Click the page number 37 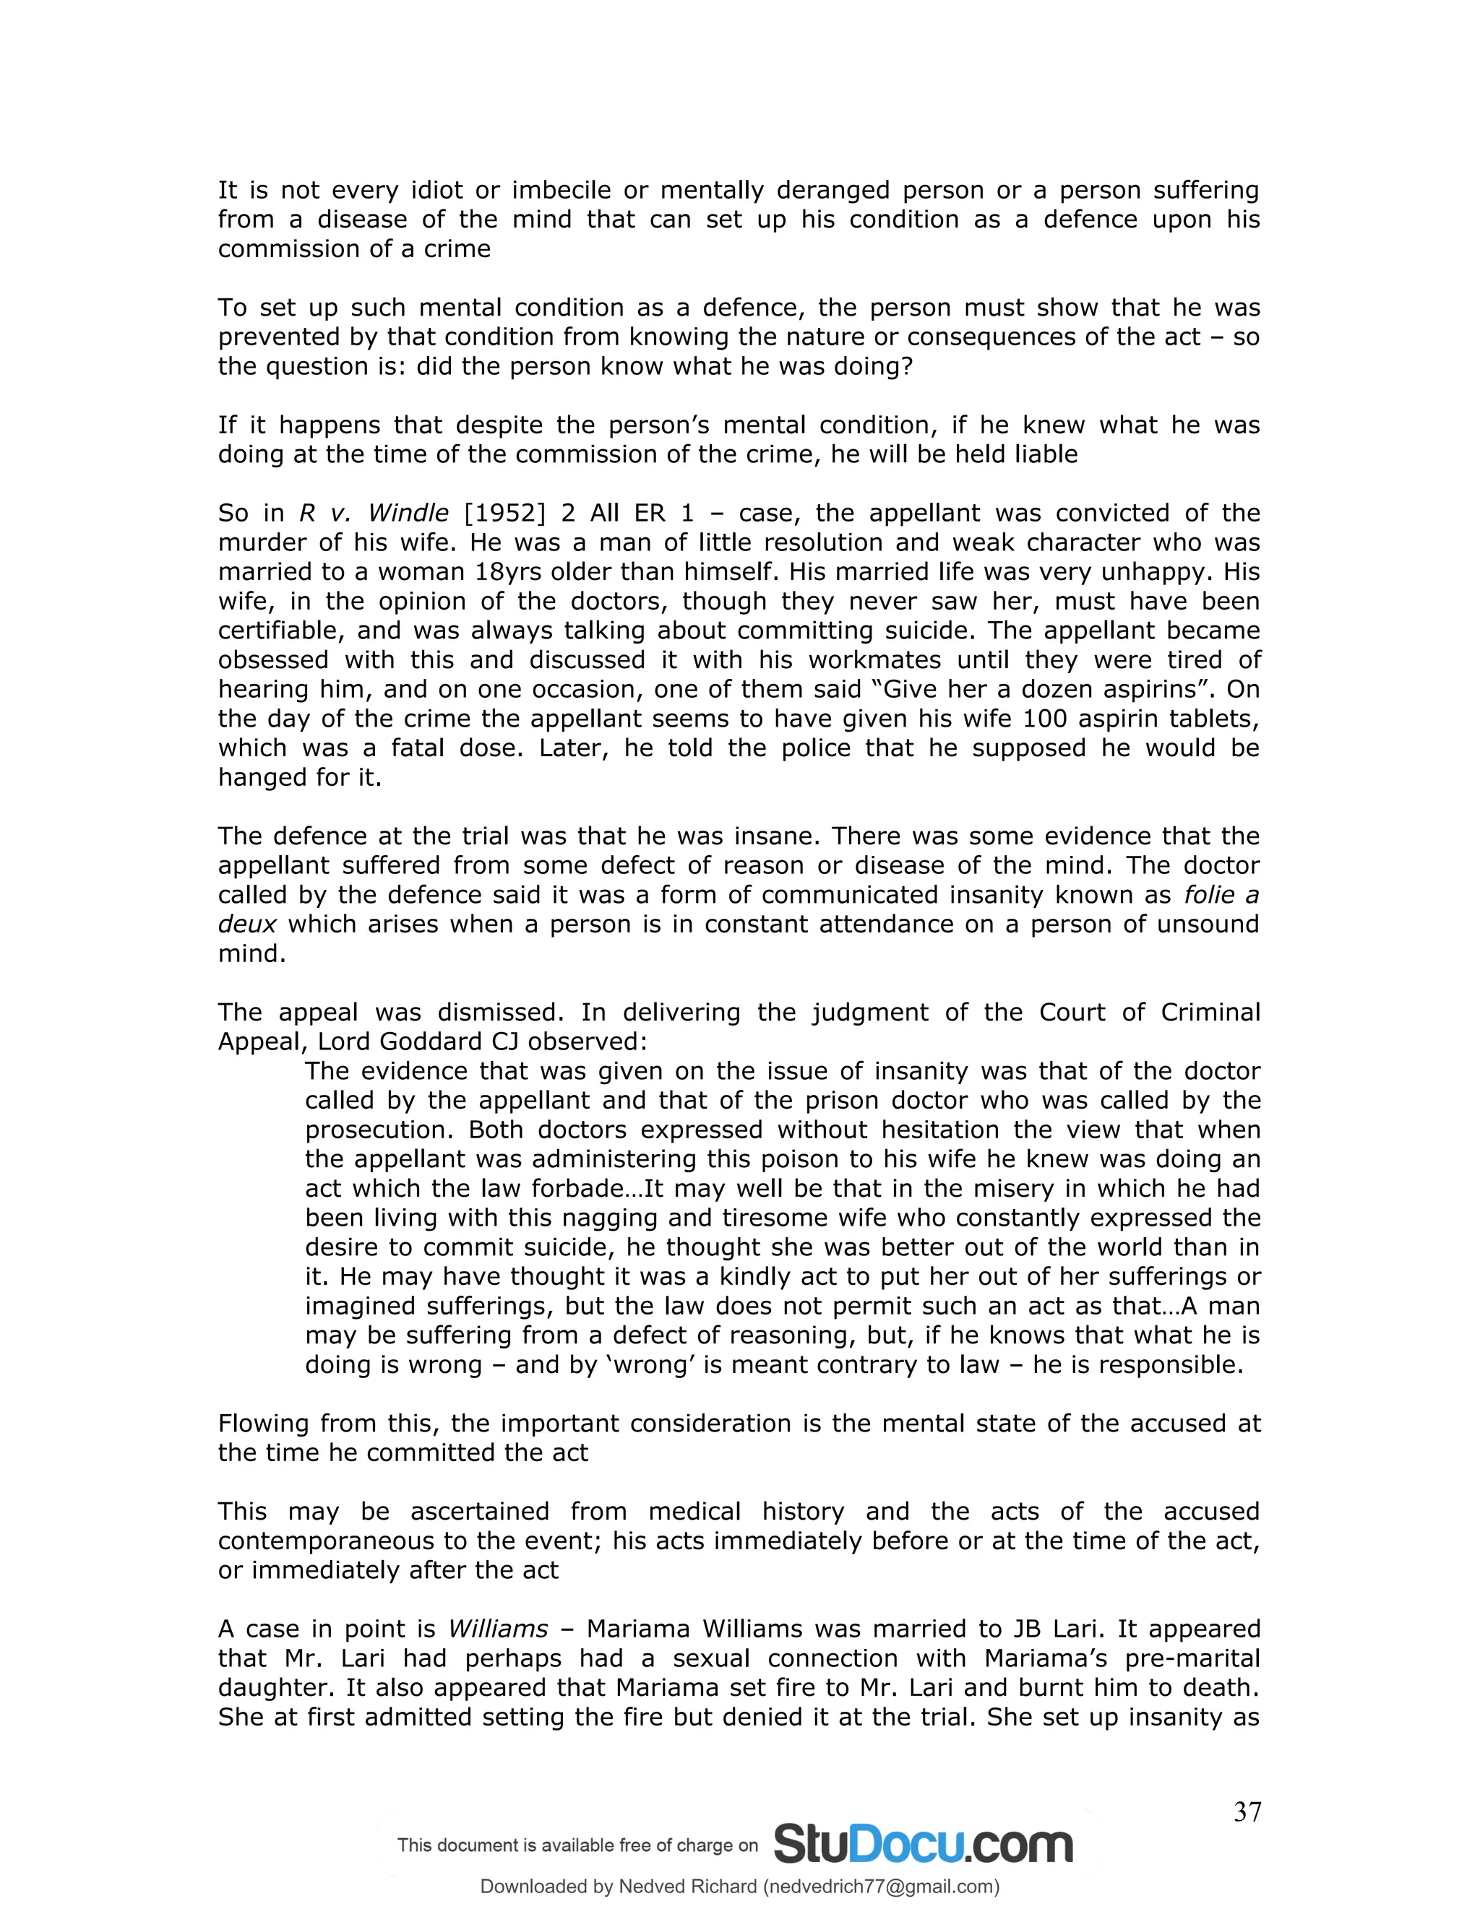1247,1811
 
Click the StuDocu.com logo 924,1844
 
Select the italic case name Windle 408,513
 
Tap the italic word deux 247,924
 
